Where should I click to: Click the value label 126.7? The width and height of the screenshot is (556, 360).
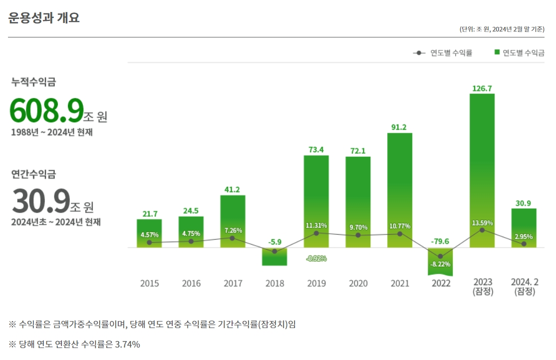point(482,88)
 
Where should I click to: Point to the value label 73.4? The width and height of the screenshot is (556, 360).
point(316,150)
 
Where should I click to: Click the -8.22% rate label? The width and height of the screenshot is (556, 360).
point(440,264)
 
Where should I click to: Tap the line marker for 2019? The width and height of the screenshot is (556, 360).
point(316,233)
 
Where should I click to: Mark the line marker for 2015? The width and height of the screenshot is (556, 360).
point(149,243)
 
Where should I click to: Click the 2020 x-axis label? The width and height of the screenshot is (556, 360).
point(358,284)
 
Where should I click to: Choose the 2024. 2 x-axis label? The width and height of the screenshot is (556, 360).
point(524,283)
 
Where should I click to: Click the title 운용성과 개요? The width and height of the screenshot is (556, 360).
point(44,18)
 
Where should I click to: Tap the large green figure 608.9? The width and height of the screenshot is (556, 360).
point(46,110)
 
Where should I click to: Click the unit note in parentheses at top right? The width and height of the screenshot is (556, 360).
point(502,29)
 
